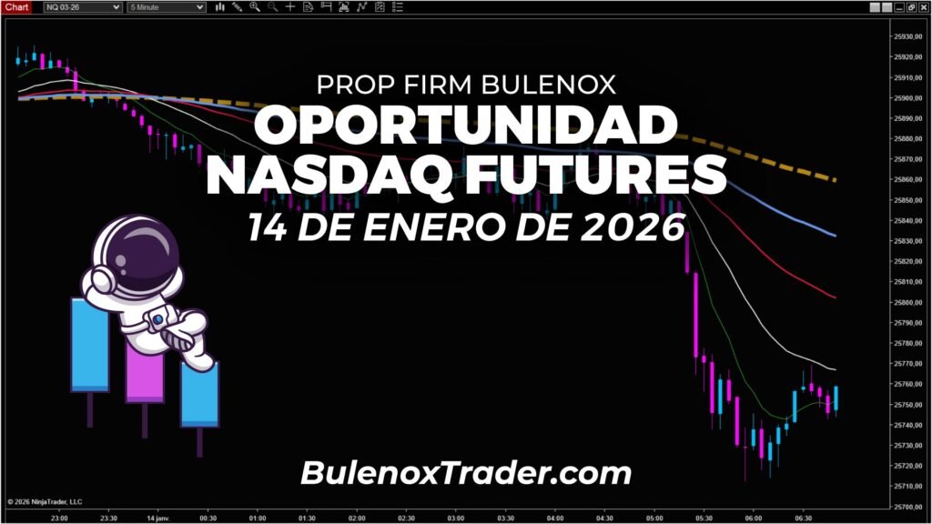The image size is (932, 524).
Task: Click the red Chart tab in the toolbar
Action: pos(17,6)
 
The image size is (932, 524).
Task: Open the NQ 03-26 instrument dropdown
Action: pos(83,6)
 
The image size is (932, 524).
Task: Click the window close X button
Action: pos(923,6)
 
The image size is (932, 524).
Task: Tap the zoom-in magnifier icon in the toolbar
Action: pos(254,6)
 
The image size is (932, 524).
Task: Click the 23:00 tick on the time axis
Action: pos(59,517)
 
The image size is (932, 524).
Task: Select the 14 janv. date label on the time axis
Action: pos(157,517)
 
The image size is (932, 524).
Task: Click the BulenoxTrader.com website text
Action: pos(465,473)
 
